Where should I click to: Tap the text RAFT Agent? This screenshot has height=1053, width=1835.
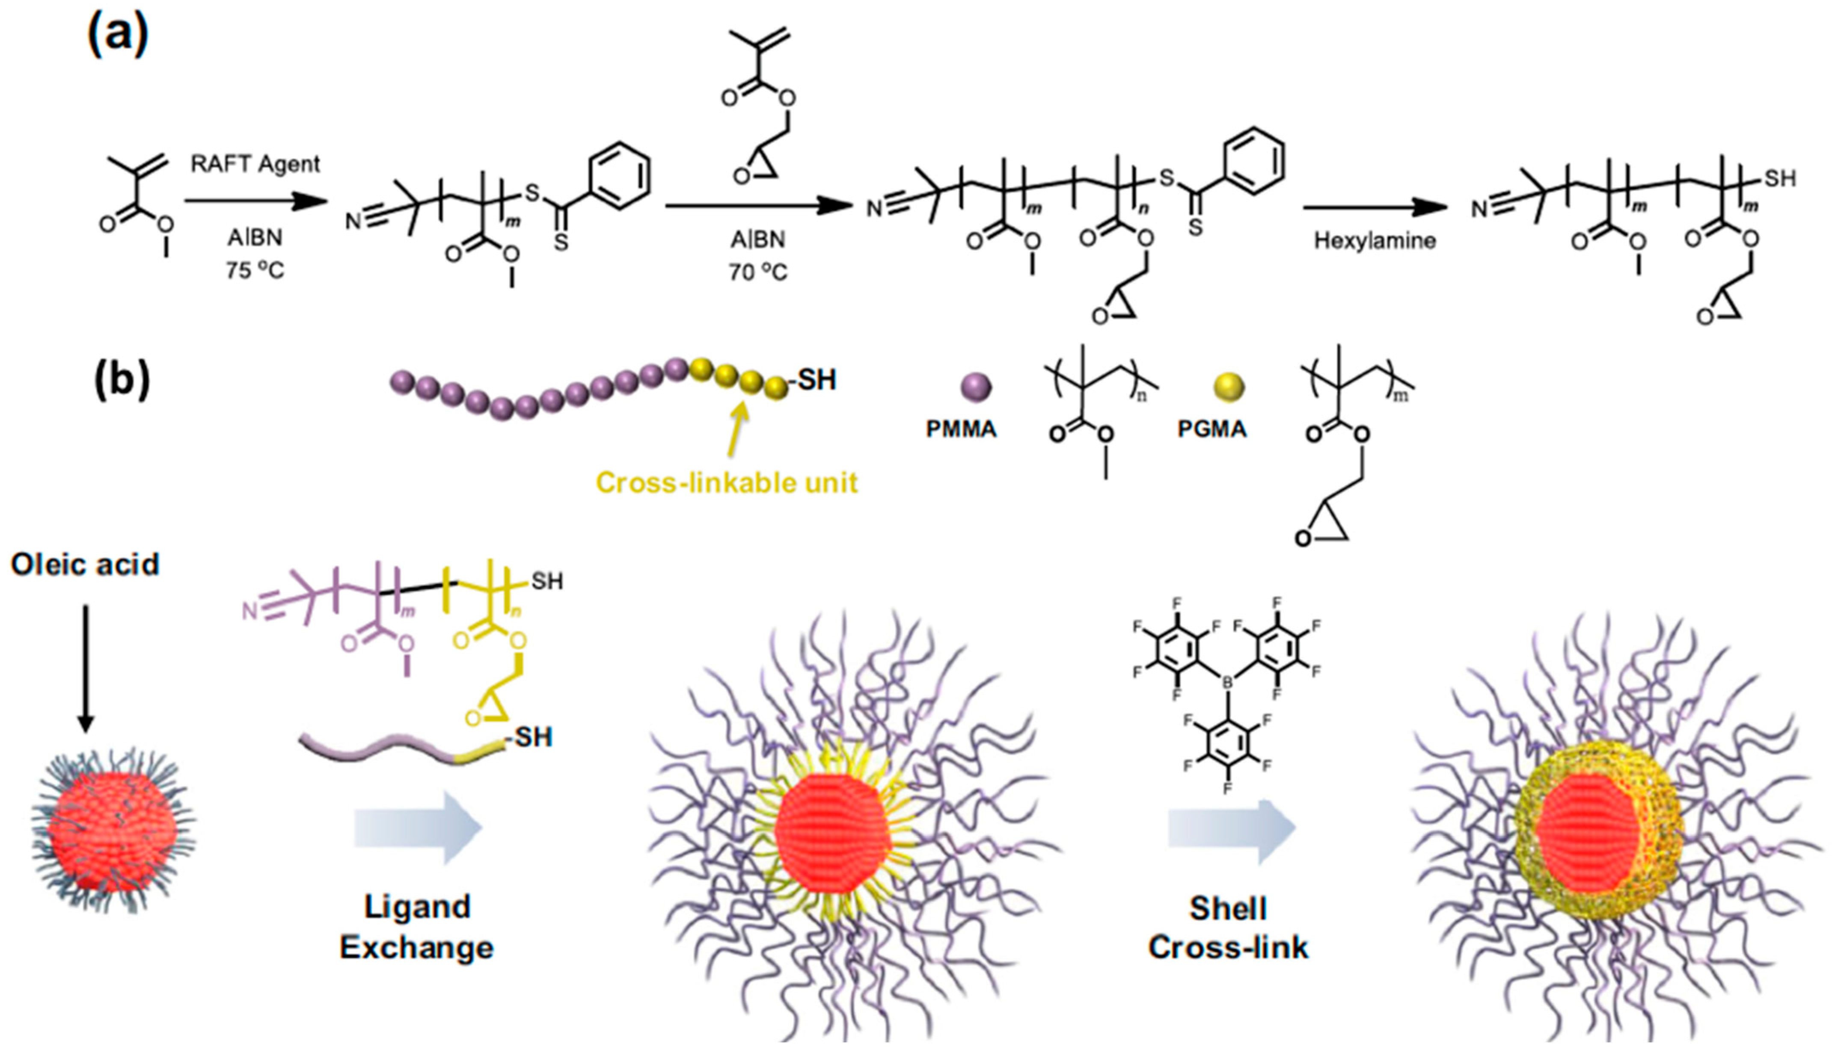255,164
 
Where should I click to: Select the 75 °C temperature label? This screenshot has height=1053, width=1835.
255,270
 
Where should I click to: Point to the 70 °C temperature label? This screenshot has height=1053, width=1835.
757,272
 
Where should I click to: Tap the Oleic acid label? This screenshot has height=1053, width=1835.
85,564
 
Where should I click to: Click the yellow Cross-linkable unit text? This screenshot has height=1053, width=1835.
727,482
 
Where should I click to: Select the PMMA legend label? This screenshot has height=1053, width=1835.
961,429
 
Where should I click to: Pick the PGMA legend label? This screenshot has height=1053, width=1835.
1212,429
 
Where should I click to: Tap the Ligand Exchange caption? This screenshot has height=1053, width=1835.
417,927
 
